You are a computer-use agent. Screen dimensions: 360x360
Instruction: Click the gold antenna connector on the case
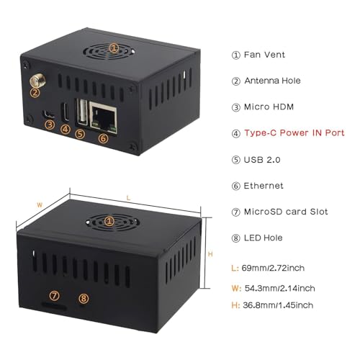[37, 81]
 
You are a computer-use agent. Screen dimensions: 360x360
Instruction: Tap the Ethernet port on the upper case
[104, 117]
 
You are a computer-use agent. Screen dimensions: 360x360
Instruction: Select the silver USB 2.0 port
[82, 112]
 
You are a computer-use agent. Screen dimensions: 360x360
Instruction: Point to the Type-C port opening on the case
[66, 112]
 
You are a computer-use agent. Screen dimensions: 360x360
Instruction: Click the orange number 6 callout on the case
[104, 138]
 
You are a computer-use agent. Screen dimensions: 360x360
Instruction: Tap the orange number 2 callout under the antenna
[35, 92]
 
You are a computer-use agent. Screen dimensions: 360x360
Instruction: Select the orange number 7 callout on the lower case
[55, 295]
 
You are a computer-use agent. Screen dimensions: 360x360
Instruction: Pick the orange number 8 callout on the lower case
[84, 298]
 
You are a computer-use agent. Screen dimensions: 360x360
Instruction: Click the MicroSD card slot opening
[54, 305]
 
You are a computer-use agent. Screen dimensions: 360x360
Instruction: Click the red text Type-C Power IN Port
[294, 132]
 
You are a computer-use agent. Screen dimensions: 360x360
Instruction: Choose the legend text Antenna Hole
[272, 81]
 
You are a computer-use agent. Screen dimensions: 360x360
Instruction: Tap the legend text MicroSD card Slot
[286, 212]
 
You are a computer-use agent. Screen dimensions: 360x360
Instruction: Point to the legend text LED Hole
[264, 238]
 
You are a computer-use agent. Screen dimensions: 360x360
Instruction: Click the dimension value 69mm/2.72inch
[273, 268]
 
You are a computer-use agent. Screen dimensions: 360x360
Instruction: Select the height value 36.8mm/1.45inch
[278, 305]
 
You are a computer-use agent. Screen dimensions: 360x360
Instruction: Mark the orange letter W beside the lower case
[40, 205]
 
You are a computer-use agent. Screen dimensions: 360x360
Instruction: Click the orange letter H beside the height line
[210, 254]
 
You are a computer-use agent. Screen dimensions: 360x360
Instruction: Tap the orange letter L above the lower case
[128, 198]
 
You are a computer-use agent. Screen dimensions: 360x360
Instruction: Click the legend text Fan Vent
[264, 55]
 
